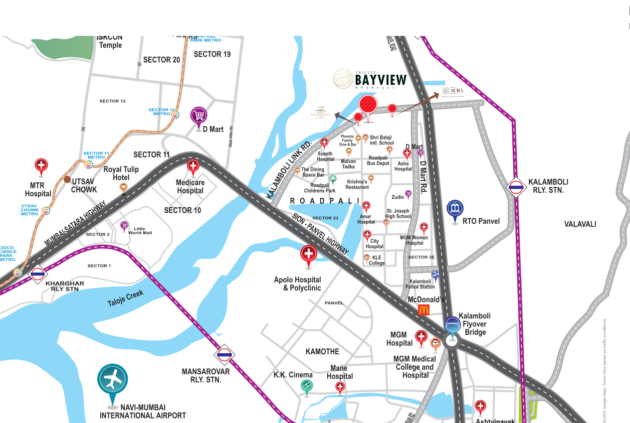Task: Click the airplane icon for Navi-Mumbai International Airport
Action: pyautogui.click(x=112, y=379)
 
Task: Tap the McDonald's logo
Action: pyautogui.click(x=423, y=310)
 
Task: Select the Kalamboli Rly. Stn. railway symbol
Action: pyautogui.click(x=516, y=188)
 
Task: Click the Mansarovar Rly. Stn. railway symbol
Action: pyautogui.click(x=224, y=355)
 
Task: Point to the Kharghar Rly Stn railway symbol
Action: pyautogui.click(x=38, y=274)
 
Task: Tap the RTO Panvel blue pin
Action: pyautogui.click(x=454, y=209)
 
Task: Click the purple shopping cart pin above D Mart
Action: pyautogui.click(x=199, y=116)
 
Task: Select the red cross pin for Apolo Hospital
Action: pyautogui.click(x=308, y=254)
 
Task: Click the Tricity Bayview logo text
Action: pyautogui.click(x=380, y=79)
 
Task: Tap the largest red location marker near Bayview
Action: pyautogui.click(x=368, y=105)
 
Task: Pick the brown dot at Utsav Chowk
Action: pyautogui.click(x=67, y=179)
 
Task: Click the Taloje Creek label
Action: pyautogui.click(x=126, y=299)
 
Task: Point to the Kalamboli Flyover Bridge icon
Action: pyautogui.click(x=452, y=325)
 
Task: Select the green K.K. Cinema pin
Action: pyautogui.click(x=306, y=385)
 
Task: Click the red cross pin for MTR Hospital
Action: pyautogui.click(x=41, y=166)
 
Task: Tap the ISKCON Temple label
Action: pyautogui.click(x=110, y=41)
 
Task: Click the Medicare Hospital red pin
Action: pyautogui.click(x=193, y=166)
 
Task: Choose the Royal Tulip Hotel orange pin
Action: pyautogui.click(x=123, y=187)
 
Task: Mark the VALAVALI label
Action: pyautogui.click(x=580, y=224)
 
